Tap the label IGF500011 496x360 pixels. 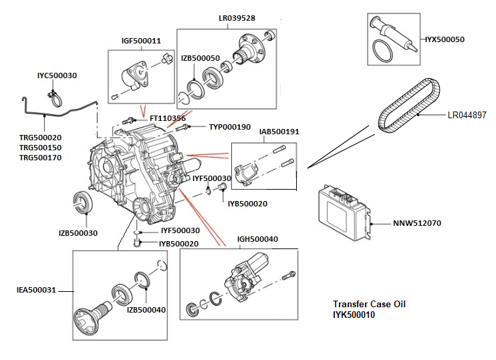(140, 41)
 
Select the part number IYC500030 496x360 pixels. (57, 76)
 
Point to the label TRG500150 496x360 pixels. (39, 148)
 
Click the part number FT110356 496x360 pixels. (167, 119)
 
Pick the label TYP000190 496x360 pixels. (229, 127)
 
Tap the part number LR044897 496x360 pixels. (467, 115)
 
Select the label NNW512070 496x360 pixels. (418, 223)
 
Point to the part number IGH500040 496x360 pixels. (257, 238)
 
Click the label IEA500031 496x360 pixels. (36, 291)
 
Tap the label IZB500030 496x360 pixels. (78, 233)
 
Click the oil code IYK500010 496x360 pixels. (354, 315)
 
